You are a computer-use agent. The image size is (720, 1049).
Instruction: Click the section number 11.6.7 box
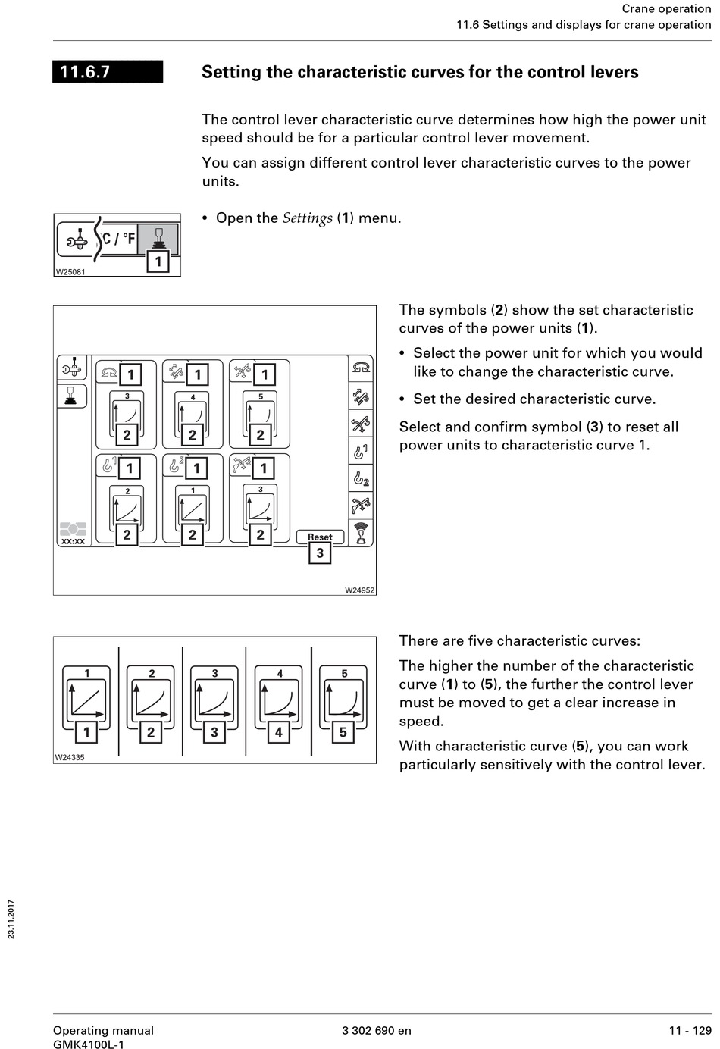click(x=108, y=72)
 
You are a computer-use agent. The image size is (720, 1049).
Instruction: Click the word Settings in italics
click(x=307, y=218)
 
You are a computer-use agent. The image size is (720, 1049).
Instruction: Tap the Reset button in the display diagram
click(x=320, y=537)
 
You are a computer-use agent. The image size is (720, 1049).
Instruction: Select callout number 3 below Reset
click(x=320, y=553)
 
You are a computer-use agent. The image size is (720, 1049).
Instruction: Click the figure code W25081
click(x=70, y=272)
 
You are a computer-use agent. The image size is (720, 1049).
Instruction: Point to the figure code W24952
click(x=360, y=590)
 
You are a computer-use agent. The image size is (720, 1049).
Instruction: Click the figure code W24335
click(x=70, y=757)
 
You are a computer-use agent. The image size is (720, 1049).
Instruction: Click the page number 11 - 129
click(x=690, y=1030)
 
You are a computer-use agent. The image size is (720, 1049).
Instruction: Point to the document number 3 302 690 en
click(x=377, y=1030)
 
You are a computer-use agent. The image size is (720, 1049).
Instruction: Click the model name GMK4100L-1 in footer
click(x=89, y=1044)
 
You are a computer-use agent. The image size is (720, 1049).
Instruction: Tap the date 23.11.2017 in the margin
click(x=11, y=919)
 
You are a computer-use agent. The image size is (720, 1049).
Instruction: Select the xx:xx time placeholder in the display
click(x=73, y=541)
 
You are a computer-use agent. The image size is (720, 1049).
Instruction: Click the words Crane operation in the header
click(x=666, y=9)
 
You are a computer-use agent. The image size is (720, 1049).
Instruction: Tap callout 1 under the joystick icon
click(x=158, y=262)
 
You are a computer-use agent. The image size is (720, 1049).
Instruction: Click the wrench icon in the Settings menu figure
click(x=76, y=240)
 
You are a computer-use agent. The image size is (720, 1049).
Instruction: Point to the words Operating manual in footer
click(x=103, y=1030)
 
